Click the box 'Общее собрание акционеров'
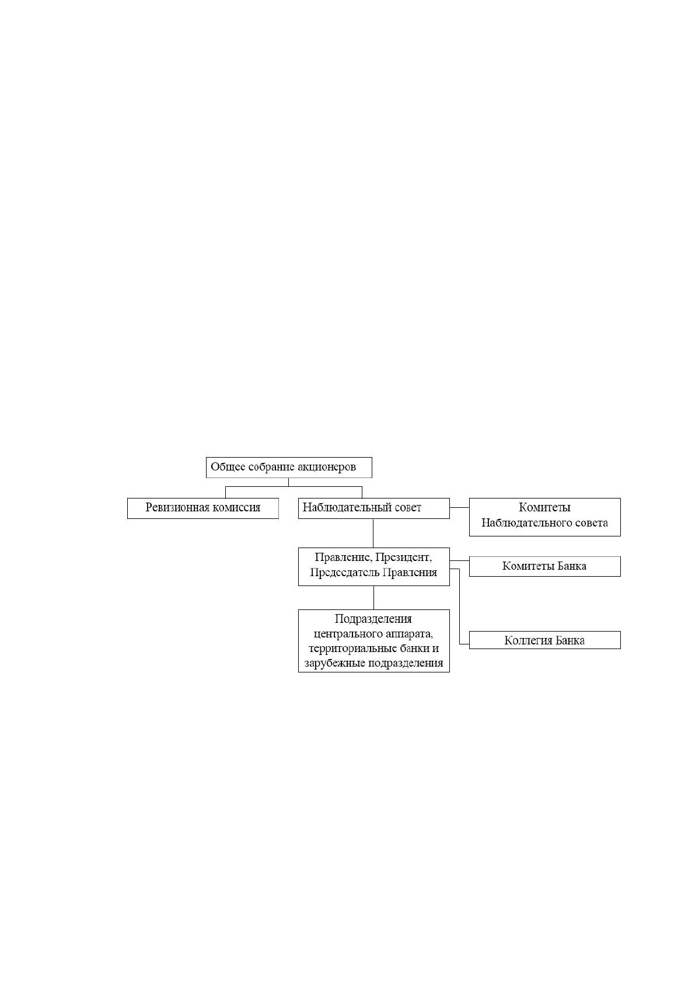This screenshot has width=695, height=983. (289, 468)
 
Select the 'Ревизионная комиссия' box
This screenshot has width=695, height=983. (202, 508)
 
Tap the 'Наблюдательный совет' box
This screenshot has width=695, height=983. (374, 508)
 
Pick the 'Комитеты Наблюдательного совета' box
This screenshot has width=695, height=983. (545, 517)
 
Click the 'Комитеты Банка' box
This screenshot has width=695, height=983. (545, 567)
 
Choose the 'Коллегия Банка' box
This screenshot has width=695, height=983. (545, 640)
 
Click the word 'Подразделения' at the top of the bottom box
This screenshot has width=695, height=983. (373, 619)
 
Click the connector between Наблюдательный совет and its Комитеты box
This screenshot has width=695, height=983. (459, 508)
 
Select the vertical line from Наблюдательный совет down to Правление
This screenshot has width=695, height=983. (373, 533)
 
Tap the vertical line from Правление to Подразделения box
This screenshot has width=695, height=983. (374, 598)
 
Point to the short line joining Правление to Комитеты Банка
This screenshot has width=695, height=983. (459, 561)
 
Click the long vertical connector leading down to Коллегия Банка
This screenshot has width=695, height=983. (459, 606)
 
